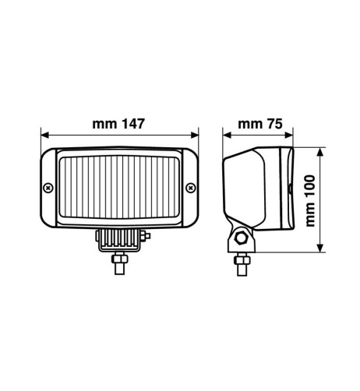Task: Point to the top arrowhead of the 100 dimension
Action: pyautogui.click(x=319, y=150)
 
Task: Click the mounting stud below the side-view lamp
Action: pyautogui.click(x=241, y=261)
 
